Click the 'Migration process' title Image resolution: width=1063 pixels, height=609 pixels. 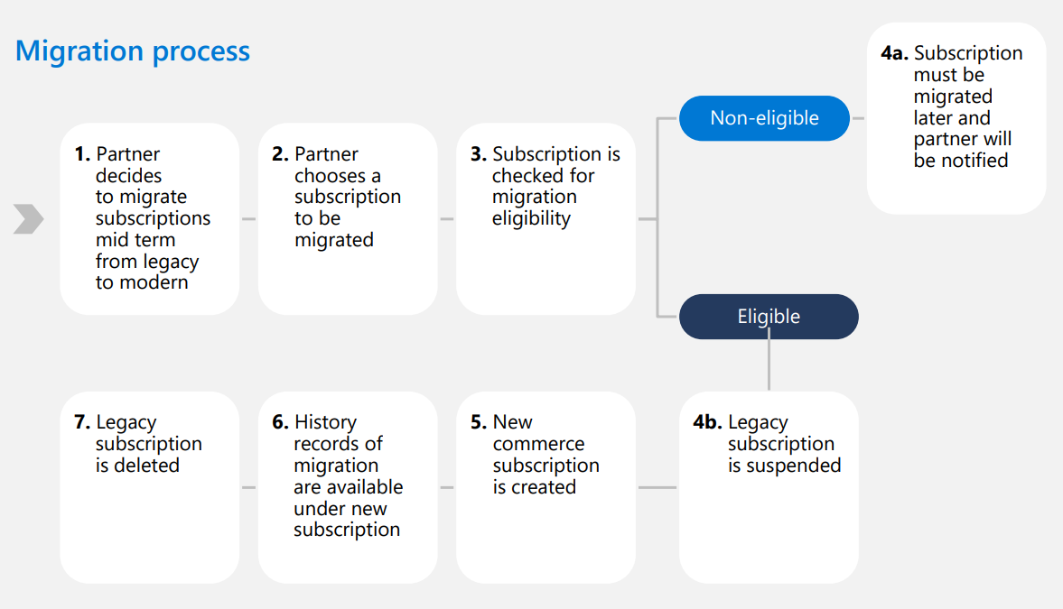133,51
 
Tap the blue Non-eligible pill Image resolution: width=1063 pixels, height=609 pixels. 764,118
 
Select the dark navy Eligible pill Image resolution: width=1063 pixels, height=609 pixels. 769,317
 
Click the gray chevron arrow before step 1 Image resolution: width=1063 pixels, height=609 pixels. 29,219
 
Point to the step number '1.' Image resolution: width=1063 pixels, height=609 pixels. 83,154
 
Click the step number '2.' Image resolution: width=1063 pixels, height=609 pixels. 281,154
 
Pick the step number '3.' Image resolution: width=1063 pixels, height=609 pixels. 479,154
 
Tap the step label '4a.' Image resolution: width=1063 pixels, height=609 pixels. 894,53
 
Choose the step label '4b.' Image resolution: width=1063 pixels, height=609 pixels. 707,422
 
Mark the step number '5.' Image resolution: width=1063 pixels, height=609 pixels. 479,422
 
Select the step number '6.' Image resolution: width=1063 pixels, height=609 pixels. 281,422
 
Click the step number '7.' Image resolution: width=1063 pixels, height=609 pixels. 82,422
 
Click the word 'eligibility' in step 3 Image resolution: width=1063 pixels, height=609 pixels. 531,219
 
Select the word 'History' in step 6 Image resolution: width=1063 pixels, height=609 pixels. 325,423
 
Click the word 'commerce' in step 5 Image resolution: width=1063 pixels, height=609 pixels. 538,445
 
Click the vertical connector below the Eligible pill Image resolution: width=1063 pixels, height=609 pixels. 769,364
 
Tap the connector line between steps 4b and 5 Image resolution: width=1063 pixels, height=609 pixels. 657,488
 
